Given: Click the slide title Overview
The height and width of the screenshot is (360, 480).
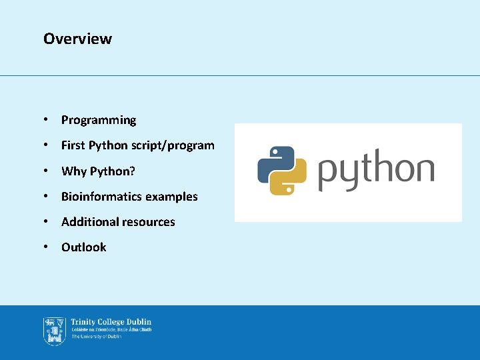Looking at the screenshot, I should (x=77, y=39).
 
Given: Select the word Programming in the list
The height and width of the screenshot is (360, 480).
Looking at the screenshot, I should (x=99, y=120).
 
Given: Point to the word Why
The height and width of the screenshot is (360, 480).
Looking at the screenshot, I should (x=73, y=171).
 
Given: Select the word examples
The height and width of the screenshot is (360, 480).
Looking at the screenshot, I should (x=171, y=197).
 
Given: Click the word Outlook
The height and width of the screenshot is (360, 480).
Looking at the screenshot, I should (x=84, y=247).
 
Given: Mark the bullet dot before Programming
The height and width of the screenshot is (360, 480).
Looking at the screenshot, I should (x=45, y=120).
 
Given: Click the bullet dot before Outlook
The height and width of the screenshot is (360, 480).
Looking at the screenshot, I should (x=45, y=247).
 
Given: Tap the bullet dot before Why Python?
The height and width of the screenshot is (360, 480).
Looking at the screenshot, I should (x=45, y=171).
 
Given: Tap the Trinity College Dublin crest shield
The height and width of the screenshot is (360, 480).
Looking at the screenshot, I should (x=54, y=331).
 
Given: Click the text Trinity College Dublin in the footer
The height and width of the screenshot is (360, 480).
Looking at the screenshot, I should (x=111, y=323).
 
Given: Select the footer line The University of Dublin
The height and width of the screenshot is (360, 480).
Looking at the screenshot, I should (x=96, y=337).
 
